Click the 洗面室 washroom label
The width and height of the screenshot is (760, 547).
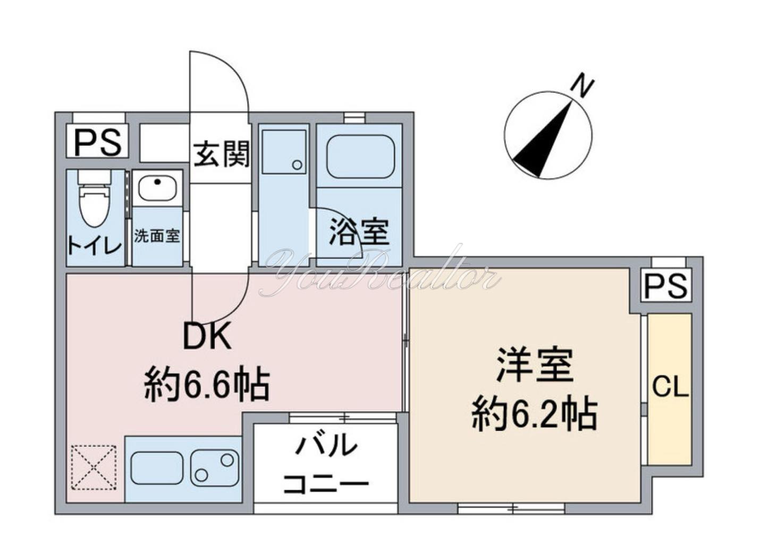click(157, 236)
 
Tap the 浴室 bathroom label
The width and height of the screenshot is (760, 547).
click(359, 233)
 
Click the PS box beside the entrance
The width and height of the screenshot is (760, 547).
click(97, 142)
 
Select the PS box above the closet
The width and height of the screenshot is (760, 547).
click(665, 286)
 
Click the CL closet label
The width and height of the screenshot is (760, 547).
click(670, 388)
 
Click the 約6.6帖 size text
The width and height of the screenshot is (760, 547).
click(207, 385)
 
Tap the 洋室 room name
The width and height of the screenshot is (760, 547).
click(535, 365)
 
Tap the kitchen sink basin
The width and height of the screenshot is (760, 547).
click(157, 468)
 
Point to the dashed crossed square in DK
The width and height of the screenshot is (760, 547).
click(94, 467)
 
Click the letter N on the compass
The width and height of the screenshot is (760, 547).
click(582, 86)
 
